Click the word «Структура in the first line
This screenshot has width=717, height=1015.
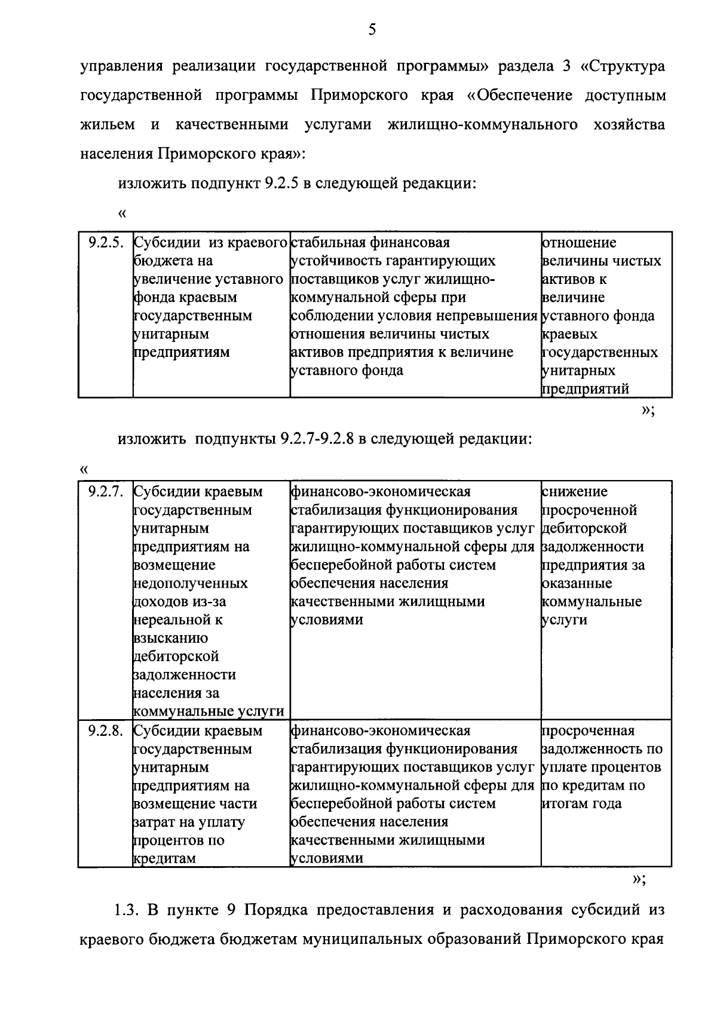(622, 66)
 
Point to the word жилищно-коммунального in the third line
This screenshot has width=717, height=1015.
(482, 125)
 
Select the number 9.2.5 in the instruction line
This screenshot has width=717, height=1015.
(281, 184)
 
